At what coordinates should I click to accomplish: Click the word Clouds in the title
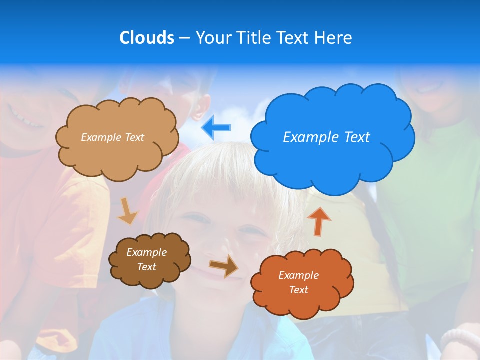pos(147,38)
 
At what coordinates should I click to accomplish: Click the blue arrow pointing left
pos(216,128)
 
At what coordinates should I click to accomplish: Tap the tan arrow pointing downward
pos(127,211)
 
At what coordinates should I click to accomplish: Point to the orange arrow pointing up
pos(319,221)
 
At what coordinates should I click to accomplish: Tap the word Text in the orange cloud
pos(298,290)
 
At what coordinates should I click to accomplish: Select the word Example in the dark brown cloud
pos(146,252)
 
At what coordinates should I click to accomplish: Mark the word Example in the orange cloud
pos(298,275)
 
